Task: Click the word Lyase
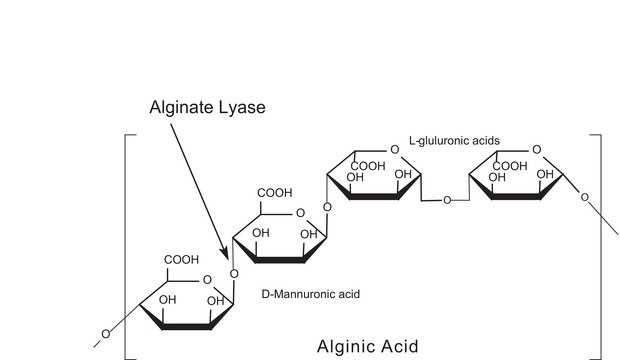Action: pyautogui.click(x=241, y=108)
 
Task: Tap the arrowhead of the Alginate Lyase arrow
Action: pyautogui.click(x=225, y=253)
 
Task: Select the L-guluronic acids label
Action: pyautogui.click(x=454, y=141)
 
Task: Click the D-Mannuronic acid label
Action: pyautogui.click(x=311, y=294)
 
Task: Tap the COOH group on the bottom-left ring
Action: pyautogui.click(x=181, y=260)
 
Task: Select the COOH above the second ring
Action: pyautogui.click(x=275, y=193)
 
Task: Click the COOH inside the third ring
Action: pyautogui.click(x=368, y=166)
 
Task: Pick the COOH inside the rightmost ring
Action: pyautogui.click(x=510, y=166)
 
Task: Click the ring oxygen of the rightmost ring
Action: pyautogui.click(x=537, y=150)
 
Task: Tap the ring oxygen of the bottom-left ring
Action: pyautogui.click(x=207, y=280)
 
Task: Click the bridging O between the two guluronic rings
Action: pyautogui.click(x=447, y=201)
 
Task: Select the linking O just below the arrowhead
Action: pyautogui.click(x=234, y=274)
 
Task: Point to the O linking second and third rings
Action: pyautogui.click(x=327, y=207)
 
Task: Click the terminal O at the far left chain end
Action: pyautogui.click(x=106, y=334)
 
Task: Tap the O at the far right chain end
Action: pyautogui.click(x=584, y=197)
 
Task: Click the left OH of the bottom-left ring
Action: pyautogui.click(x=168, y=300)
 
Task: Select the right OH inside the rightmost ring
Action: pyautogui.click(x=545, y=174)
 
